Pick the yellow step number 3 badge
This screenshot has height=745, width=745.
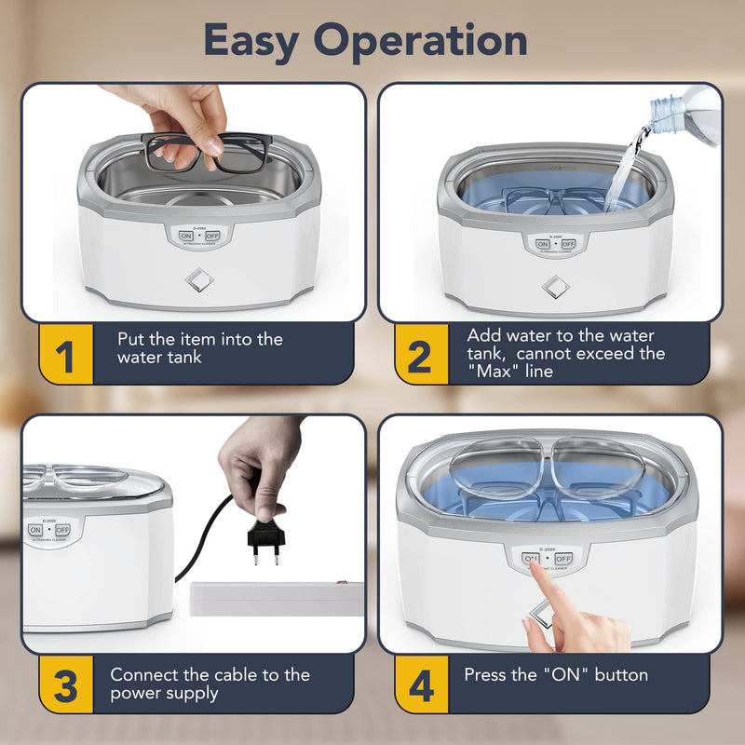tap(65, 688)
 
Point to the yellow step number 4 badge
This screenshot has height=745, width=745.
tap(421, 688)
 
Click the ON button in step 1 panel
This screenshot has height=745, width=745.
tap(185, 237)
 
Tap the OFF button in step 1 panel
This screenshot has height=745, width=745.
tap(211, 237)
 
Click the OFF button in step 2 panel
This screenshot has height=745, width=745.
tap(568, 244)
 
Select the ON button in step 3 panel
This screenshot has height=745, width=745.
tap(36, 530)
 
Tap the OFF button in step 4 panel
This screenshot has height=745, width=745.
tap(562, 559)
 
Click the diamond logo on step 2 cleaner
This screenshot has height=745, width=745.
tap(556, 288)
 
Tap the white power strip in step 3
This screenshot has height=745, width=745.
tap(276, 599)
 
